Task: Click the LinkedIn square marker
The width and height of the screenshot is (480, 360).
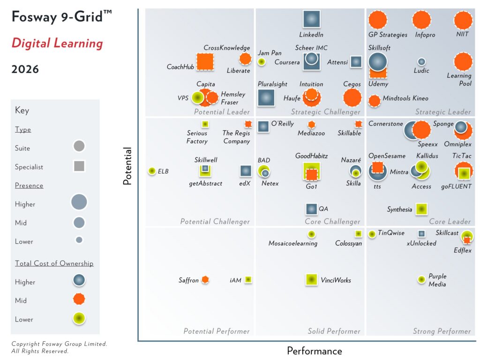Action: pyautogui.click(x=311, y=19)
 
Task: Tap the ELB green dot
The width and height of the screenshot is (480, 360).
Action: pyautogui.click(x=152, y=171)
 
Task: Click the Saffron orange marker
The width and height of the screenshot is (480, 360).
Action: pyautogui.click(x=205, y=280)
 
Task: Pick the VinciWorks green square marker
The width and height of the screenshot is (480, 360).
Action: pyautogui.click(x=311, y=280)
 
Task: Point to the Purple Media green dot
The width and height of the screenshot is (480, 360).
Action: pyautogui.click(x=421, y=280)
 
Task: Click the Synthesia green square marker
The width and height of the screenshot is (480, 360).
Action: pyautogui.click(x=421, y=209)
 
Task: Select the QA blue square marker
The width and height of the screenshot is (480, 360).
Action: pyautogui.click(x=311, y=209)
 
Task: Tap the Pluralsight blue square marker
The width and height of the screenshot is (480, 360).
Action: pyautogui.click(x=267, y=97)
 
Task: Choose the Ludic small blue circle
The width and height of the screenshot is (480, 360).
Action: pyautogui.click(x=421, y=61)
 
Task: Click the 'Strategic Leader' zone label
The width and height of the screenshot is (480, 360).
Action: pyautogui.click(x=443, y=112)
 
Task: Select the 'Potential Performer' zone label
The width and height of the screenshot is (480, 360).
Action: pyautogui.click(x=216, y=331)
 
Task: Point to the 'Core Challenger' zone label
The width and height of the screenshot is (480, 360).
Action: pyautogui.click(x=332, y=222)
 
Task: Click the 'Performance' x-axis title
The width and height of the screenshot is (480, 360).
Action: pyautogui.click(x=315, y=351)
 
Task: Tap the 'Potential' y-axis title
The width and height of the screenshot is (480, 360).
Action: pyautogui.click(x=127, y=166)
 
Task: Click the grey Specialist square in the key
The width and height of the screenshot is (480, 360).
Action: pyautogui.click(x=79, y=166)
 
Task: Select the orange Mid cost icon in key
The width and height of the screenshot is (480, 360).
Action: pyautogui.click(x=79, y=299)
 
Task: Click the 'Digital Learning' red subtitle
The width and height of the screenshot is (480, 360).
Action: pyautogui.click(x=57, y=44)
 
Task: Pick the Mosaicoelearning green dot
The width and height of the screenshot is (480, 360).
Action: pyautogui.click(x=311, y=234)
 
